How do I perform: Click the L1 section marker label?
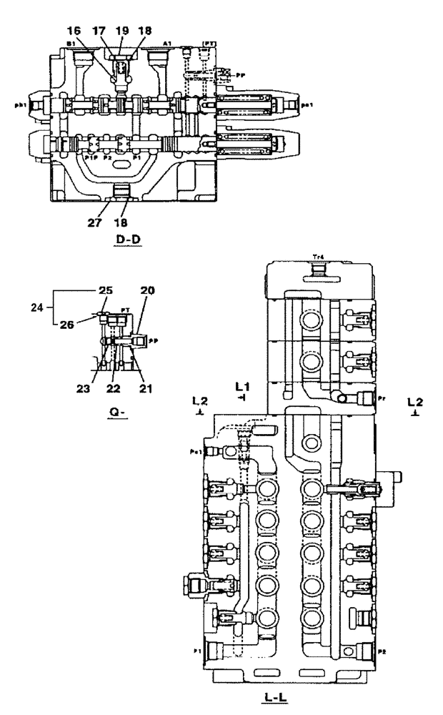coord(242,386)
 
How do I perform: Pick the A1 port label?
coord(166,44)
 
